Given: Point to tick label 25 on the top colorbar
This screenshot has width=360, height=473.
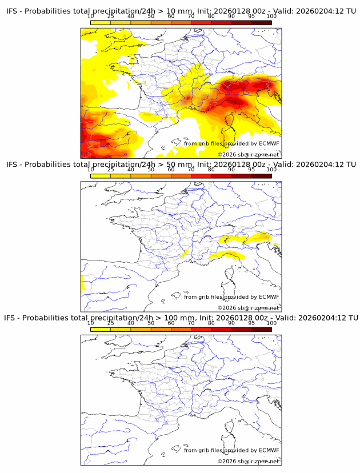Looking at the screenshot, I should coord(110,17).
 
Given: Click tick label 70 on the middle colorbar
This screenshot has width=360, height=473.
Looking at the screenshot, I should coord(191,170).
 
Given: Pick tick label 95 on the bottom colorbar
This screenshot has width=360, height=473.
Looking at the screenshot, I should coord(251,323).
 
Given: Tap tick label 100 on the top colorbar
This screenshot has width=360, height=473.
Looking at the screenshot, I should coord(271,17).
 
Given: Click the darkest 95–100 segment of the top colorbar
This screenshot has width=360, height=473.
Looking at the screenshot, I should coord(262,22).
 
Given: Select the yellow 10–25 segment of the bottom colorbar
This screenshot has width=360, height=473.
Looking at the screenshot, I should coord(101,330).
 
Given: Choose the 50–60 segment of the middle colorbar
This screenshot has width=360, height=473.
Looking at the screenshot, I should coord(161,176).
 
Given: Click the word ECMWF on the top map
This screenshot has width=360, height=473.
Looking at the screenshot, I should coord(269,143).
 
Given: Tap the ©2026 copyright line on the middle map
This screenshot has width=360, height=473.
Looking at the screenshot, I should coord(248,308).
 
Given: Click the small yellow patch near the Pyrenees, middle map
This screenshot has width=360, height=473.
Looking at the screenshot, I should coord(185,252).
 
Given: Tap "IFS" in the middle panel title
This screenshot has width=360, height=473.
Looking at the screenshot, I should coord(13,165).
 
